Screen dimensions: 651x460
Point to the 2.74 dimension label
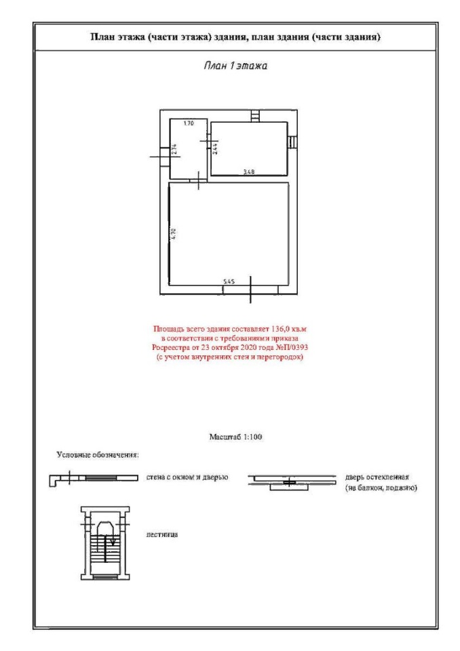click(x=174, y=150)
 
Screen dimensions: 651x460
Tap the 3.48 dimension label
click(x=249, y=172)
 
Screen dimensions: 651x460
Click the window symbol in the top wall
click(x=254, y=116)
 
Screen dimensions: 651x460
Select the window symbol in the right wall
click(x=290, y=142)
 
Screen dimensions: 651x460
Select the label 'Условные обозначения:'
click(x=98, y=454)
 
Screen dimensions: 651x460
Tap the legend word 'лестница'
click(x=162, y=535)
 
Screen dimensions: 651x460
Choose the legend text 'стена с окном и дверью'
click(x=186, y=477)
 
